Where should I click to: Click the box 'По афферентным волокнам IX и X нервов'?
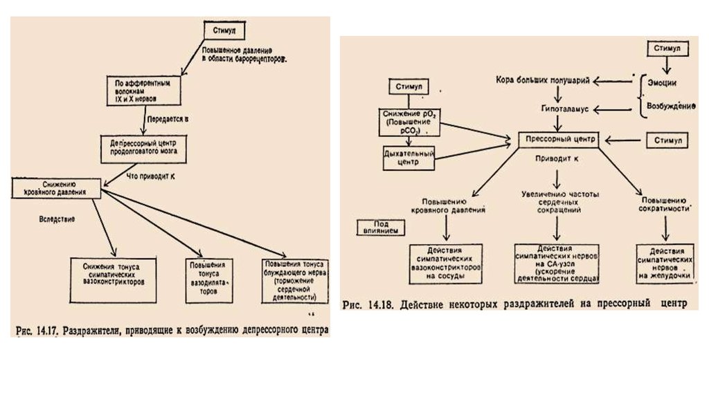coord(144,90)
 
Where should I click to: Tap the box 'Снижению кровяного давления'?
coord(57,188)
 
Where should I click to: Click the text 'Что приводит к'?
coord(150,176)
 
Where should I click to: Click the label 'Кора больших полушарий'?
coord(543,81)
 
